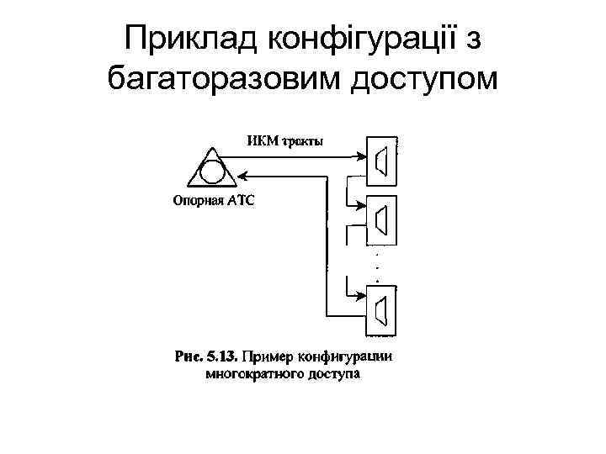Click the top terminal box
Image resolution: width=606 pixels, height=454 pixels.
click(x=382, y=159)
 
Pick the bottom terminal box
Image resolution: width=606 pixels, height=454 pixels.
click(x=382, y=307)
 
